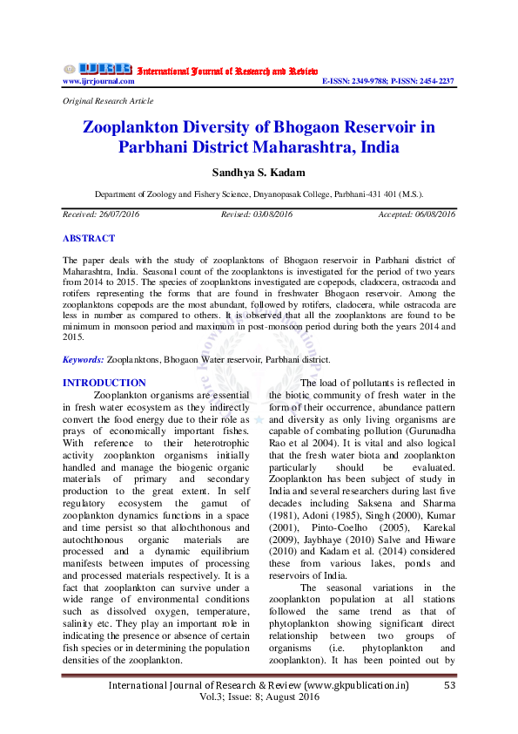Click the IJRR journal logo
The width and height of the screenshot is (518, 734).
pos(97,69)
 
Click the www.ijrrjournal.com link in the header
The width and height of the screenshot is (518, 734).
pos(98,81)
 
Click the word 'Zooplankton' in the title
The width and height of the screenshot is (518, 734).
pos(133,127)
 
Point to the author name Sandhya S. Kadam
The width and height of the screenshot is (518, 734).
pos(259,172)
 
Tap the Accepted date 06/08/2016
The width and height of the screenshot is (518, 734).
pos(433,214)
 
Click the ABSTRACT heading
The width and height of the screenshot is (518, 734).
pos(88,238)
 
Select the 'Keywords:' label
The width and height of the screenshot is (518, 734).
pos(84,359)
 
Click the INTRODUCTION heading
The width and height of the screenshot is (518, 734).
pos(104,383)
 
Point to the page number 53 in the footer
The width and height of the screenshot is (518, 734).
pos(450,686)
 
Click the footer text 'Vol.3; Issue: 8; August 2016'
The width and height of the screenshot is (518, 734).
pos(259,699)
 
